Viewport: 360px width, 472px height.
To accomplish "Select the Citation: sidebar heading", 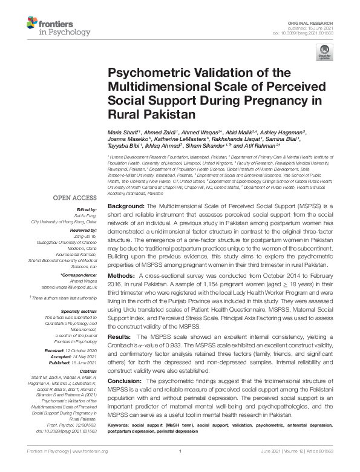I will click(88, 371).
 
